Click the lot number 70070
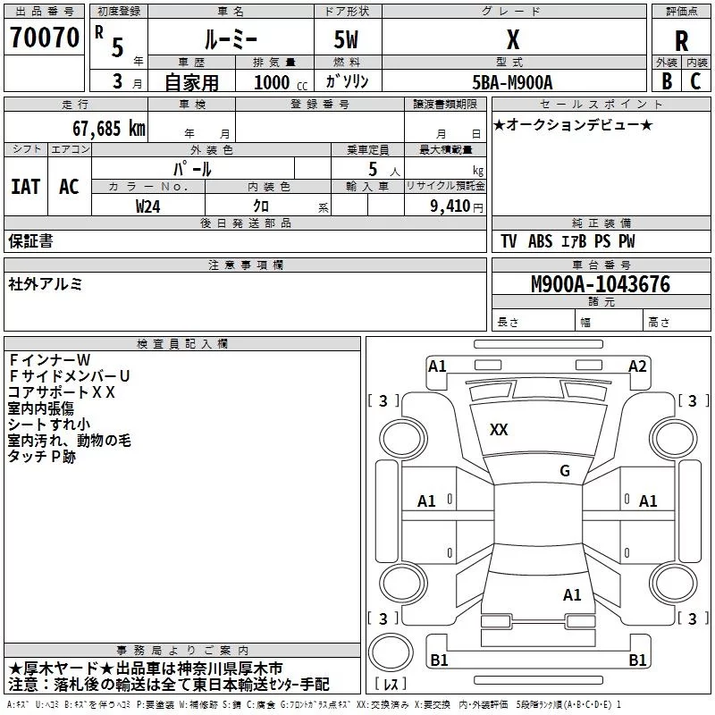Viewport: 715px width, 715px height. tap(44, 38)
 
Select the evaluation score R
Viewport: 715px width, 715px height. tap(681, 40)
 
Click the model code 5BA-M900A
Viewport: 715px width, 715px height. tap(512, 82)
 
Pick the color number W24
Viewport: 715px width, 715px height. tap(148, 206)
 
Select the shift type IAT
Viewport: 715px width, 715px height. tap(26, 186)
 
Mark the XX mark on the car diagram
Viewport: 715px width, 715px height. tap(499, 430)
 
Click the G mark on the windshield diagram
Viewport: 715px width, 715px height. tap(564, 471)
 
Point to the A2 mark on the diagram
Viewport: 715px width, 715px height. tap(637, 366)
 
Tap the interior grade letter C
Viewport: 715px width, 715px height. tap(695, 81)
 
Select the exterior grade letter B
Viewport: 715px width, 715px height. tap(666, 81)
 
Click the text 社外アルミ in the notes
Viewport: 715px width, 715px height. tap(46, 284)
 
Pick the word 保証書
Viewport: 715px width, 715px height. tap(30, 240)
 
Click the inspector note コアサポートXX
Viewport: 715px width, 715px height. tap(62, 391)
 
